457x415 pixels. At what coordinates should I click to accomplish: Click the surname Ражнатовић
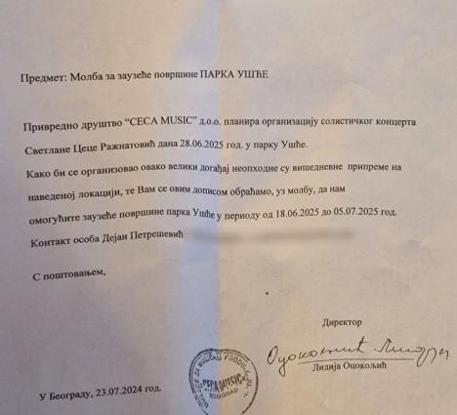(x=137, y=149)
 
